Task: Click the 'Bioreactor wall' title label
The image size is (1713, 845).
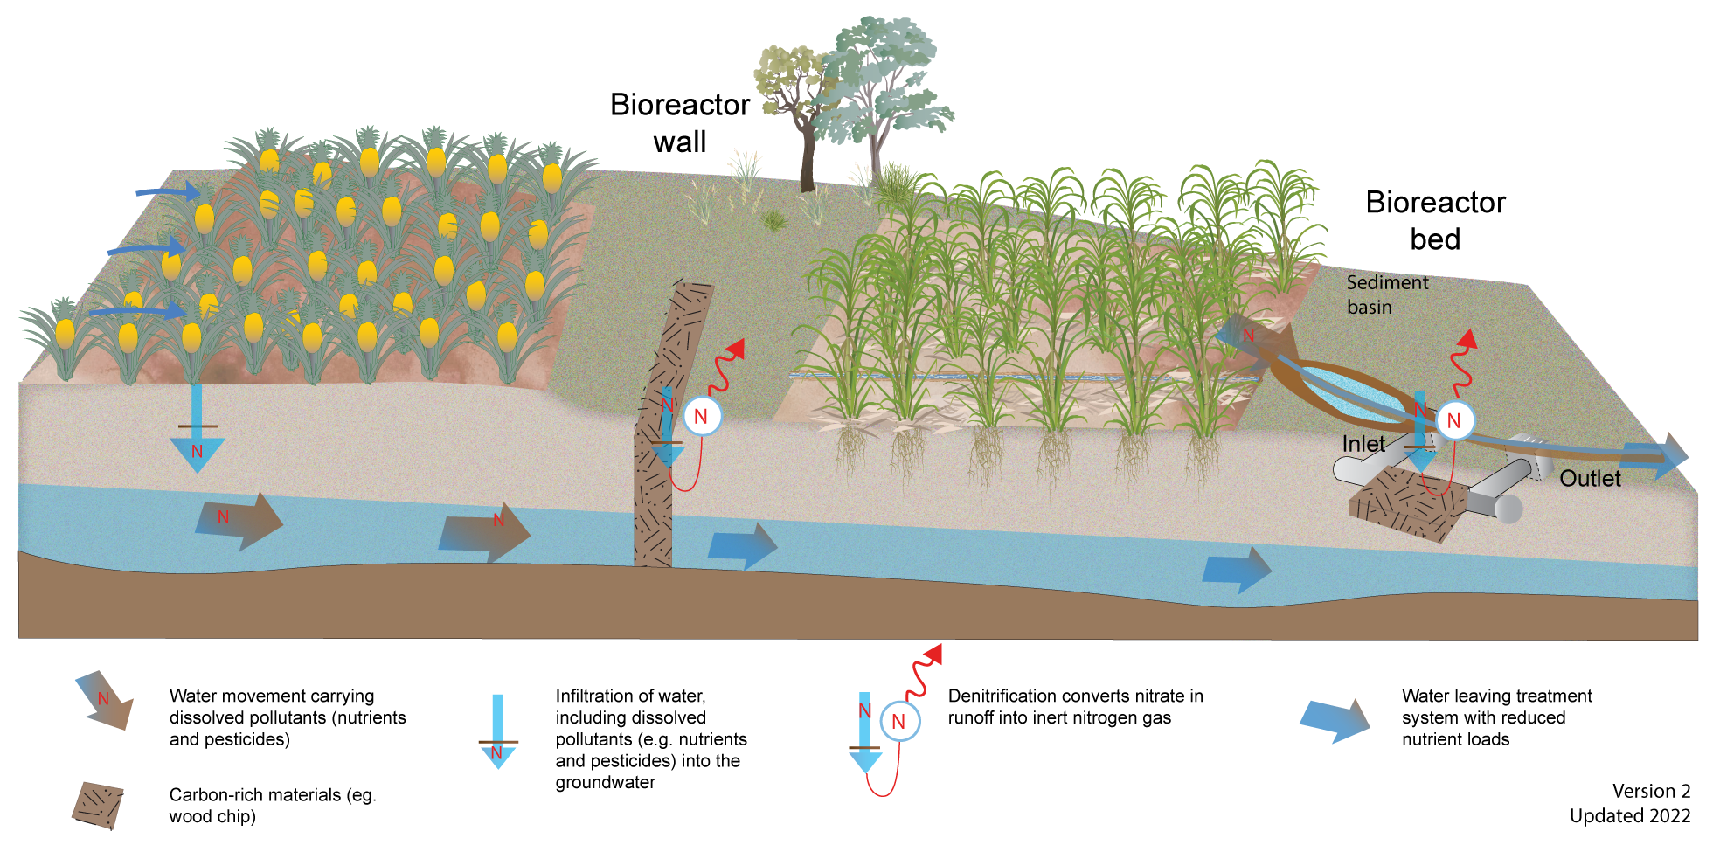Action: click(x=679, y=123)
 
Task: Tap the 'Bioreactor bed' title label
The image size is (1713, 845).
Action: click(x=1435, y=220)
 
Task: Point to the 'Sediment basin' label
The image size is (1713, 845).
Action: click(x=1387, y=294)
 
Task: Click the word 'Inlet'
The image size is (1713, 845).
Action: click(x=1363, y=444)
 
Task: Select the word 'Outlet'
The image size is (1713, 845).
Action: click(x=1590, y=478)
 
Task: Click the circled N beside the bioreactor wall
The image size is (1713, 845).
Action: click(x=701, y=417)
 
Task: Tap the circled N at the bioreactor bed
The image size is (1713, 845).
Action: click(x=1454, y=421)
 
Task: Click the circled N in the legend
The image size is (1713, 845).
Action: click(x=898, y=722)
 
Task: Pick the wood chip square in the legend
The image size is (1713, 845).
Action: click(x=98, y=805)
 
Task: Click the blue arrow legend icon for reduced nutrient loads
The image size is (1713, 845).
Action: click(x=1335, y=720)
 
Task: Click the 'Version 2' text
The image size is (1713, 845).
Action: click(x=1651, y=791)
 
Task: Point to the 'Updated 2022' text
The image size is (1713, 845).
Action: click(x=1630, y=815)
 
